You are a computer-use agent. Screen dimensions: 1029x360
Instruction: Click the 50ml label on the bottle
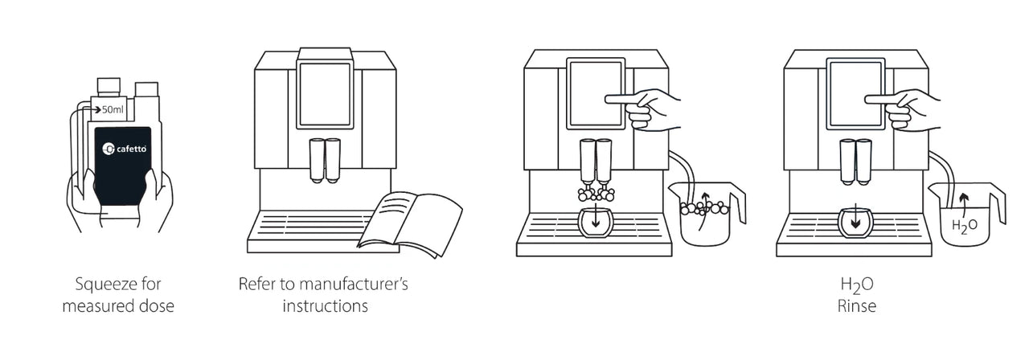pyautogui.click(x=113, y=110)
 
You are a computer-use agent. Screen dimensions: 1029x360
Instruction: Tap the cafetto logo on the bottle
pyautogui.click(x=125, y=149)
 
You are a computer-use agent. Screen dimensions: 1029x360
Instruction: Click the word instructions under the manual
pyautogui.click(x=326, y=306)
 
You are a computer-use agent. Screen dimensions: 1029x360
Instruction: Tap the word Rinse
pyautogui.click(x=857, y=306)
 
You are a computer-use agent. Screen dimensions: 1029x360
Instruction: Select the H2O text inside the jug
pyautogui.click(x=964, y=226)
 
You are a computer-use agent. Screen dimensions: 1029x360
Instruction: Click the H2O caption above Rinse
pyautogui.click(x=857, y=285)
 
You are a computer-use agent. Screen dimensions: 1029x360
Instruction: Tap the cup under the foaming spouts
pyautogui.click(x=596, y=223)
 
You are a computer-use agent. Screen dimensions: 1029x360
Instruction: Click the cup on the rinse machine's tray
pyautogui.click(x=855, y=223)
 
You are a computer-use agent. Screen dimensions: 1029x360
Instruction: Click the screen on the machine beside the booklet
pyautogui.click(x=326, y=95)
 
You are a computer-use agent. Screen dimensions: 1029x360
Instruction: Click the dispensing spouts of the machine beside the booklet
pyautogui.click(x=325, y=161)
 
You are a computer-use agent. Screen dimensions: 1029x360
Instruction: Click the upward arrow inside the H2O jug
pyautogui.click(x=964, y=202)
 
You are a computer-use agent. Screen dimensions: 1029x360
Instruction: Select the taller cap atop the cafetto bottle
pyautogui.click(x=109, y=88)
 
